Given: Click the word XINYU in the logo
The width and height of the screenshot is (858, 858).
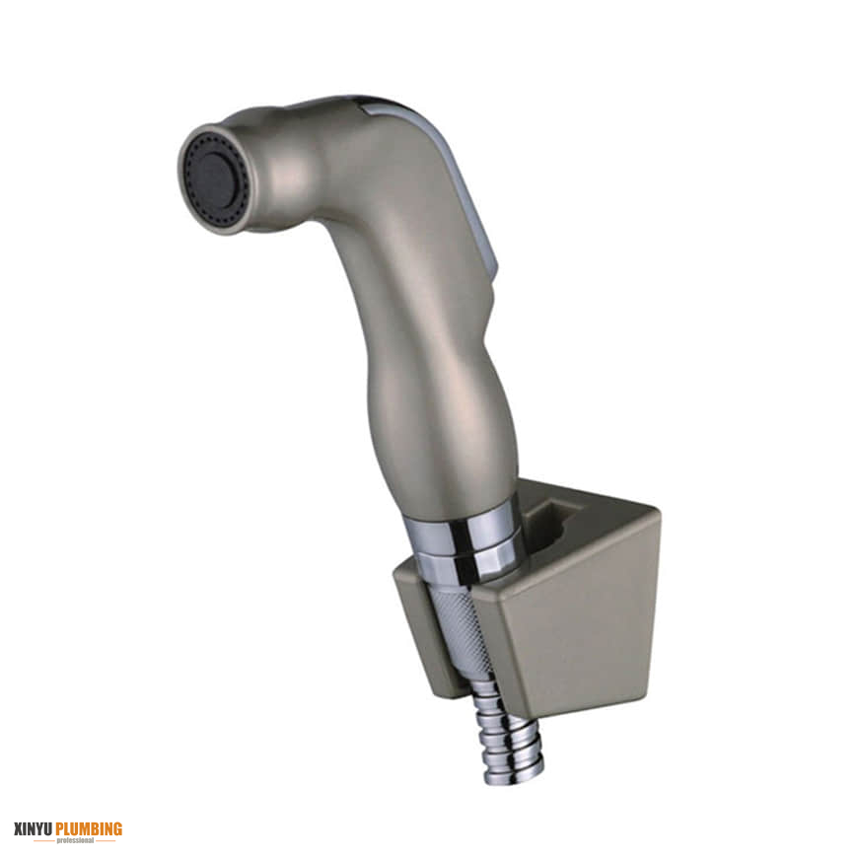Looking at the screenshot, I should point(34,828).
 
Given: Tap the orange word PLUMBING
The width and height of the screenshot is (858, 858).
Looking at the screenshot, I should point(89,828).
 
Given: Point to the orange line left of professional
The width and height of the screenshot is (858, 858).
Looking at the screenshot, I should point(42,840).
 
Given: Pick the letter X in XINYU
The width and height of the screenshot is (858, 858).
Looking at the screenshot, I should point(19,828).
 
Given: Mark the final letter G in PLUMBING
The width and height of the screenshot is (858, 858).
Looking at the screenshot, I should point(117,828).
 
